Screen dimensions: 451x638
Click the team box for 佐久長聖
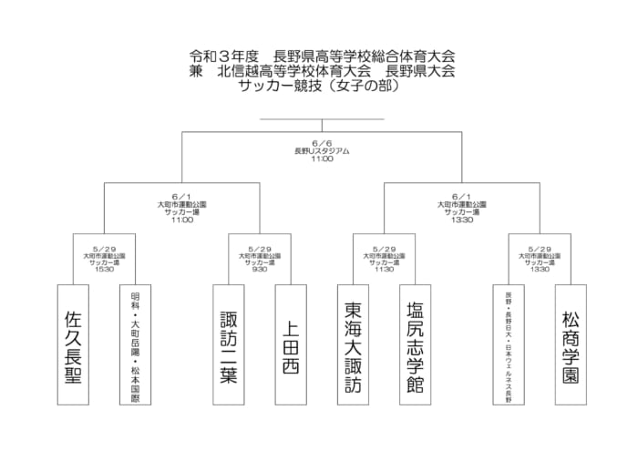point(74,344)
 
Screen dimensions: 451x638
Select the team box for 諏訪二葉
point(229,344)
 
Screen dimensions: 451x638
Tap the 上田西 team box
point(291,344)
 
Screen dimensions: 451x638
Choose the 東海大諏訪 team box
point(354,344)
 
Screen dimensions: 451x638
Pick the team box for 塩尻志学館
point(416,344)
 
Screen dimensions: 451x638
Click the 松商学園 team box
point(571,344)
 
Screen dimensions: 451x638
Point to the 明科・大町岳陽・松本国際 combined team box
point(136,344)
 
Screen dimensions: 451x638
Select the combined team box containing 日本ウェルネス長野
point(509,344)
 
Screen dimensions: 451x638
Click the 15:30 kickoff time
point(104,270)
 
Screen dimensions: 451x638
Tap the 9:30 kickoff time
point(260,270)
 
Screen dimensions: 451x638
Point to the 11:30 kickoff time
point(385,270)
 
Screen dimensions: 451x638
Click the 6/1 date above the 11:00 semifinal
point(182,196)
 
